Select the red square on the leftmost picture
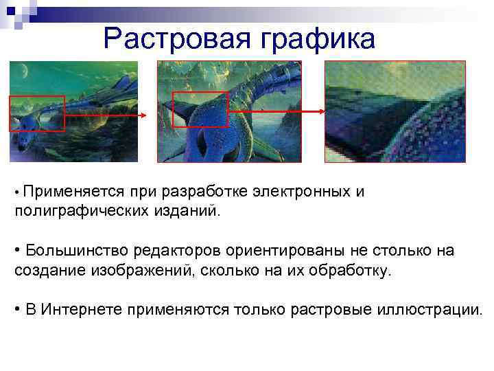tap(36, 113)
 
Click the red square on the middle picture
tap(200, 109)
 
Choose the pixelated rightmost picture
tap(395, 111)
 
